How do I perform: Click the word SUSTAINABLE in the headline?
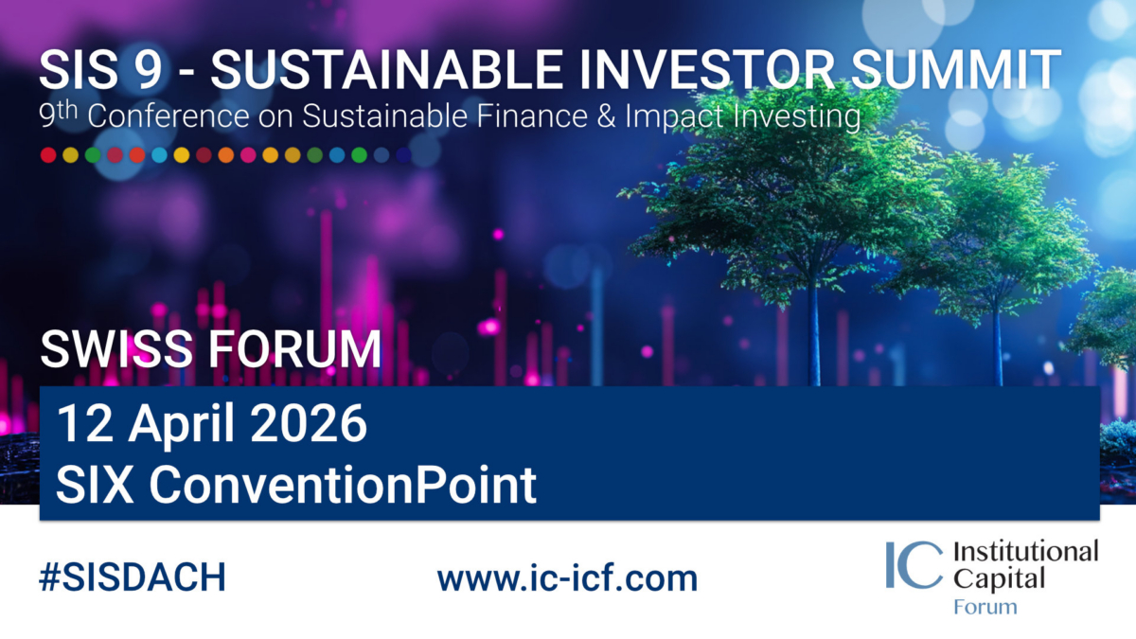[x=386, y=70]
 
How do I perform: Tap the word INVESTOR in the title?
[x=707, y=70]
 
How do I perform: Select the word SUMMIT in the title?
[x=955, y=70]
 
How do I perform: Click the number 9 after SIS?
[x=148, y=70]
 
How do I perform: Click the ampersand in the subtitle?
[x=606, y=116]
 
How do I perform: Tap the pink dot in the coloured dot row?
[x=248, y=154]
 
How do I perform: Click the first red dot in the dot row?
[x=48, y=154]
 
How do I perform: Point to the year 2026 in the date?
[x=309, y=423]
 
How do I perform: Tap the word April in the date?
[x=181, y=426]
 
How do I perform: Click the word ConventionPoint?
[x=343, y=485]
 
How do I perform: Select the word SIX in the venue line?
[x=95, y=485]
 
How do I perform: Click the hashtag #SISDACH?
[x=133, y=577]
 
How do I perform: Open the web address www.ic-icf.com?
[x=567, y=577]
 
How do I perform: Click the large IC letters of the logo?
[x=914, y=564]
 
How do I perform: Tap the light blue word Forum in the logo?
[x=985, y=607]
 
